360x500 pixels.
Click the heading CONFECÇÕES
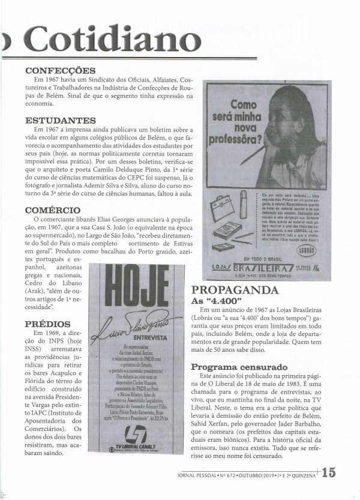pos(61,71)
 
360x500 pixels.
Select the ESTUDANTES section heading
pos(61,121)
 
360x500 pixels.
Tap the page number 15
pos(328,472)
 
